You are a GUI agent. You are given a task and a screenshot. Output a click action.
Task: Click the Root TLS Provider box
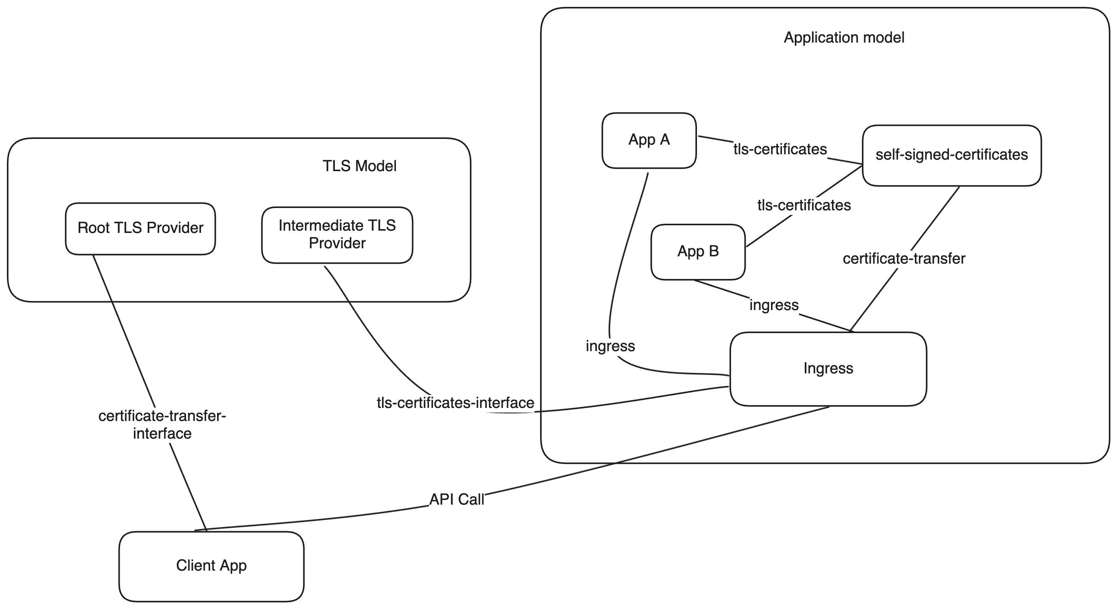pyautogui.click(x=140, y=229)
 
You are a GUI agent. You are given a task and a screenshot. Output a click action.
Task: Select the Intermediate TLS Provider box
pyautogui.click(x=337, y=235)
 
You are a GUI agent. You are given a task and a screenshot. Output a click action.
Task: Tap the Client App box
pyautogui.click(x=211, y=566)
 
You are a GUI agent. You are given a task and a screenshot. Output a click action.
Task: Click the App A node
pyautogui.click(x=649, y=140)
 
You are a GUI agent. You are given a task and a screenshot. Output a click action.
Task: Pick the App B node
pyautogui.click(x=698, y=252)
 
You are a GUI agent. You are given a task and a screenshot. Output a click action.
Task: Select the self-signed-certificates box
pyautogui.click(x=951, y=155)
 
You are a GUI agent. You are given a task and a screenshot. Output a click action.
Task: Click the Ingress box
pyautogui.click(x=828, y=369)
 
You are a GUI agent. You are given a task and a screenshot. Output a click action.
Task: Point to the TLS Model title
pyautogui.click(x=359, y=166)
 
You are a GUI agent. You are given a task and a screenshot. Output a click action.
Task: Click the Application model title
pyautogui.click(x=844, y=38)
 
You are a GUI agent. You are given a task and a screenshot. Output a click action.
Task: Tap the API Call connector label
pyautogui.click(x=456, y=500)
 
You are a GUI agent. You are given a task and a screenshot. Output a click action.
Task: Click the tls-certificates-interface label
pyautogui.click(x=455, y=403)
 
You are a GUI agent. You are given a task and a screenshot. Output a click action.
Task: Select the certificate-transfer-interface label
pyautogui.click(x=162, y=425)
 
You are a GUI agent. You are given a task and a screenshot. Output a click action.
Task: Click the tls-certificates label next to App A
pyautogui.click(x=780, y=149)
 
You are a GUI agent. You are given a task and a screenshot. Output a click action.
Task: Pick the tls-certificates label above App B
pyautogui.click(x=804, y=205)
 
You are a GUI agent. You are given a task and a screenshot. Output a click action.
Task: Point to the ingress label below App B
pyautogui.click(x=774, y=305)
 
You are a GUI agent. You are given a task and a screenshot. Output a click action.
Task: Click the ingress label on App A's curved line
pyautogui.click(x=610, y=346)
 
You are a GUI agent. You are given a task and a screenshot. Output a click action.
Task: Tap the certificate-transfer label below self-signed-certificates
pyautogui.click(x=904, y=259)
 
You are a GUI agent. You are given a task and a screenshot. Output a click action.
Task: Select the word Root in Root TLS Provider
pyautogui.click(x=93, y=228)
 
